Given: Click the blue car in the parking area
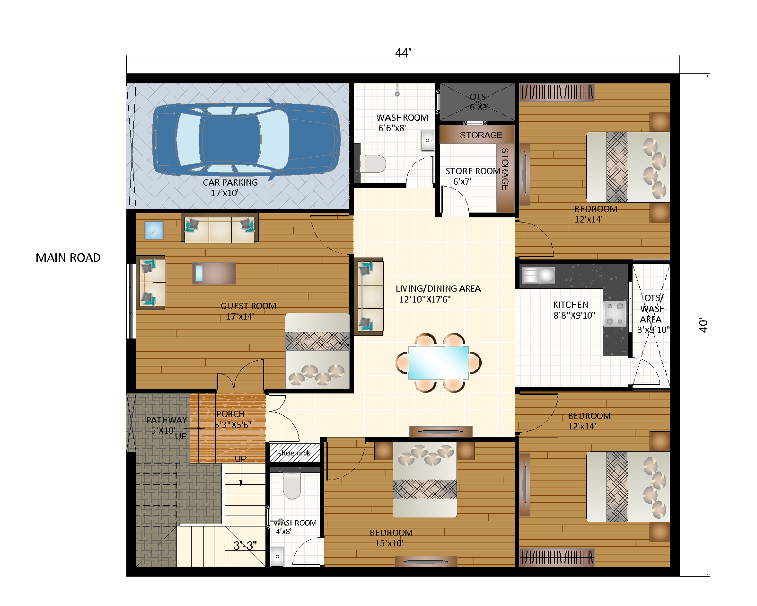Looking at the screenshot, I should click(246, 140).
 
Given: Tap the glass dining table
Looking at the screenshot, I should click(438, 363).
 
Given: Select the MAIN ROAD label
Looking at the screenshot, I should click(68, 258).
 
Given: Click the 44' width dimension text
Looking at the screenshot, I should click(403, 53).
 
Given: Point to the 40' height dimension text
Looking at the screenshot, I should click(704, 325).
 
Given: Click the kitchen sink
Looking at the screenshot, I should click(538, 275).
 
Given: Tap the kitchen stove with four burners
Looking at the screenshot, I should click(615, 314).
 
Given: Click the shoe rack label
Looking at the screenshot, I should click(294, 453).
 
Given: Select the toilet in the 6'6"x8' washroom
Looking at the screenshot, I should click(372, 164).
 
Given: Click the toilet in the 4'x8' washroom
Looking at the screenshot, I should click(291, 487).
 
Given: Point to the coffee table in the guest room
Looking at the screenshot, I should click(214, 273).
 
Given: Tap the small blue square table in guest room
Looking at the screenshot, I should click(154, 230).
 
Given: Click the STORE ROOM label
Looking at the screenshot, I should click(473, 171).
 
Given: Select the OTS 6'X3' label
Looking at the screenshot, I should click(478, 102).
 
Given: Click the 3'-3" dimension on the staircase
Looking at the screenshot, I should click(245, 545).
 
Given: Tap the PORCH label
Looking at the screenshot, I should click(230, 414).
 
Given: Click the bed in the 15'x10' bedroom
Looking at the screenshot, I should click(424, 479).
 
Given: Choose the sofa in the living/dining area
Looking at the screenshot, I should click(369, 296).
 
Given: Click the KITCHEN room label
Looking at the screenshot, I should click(571, 305).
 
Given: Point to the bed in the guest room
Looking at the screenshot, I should click(317, 350).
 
